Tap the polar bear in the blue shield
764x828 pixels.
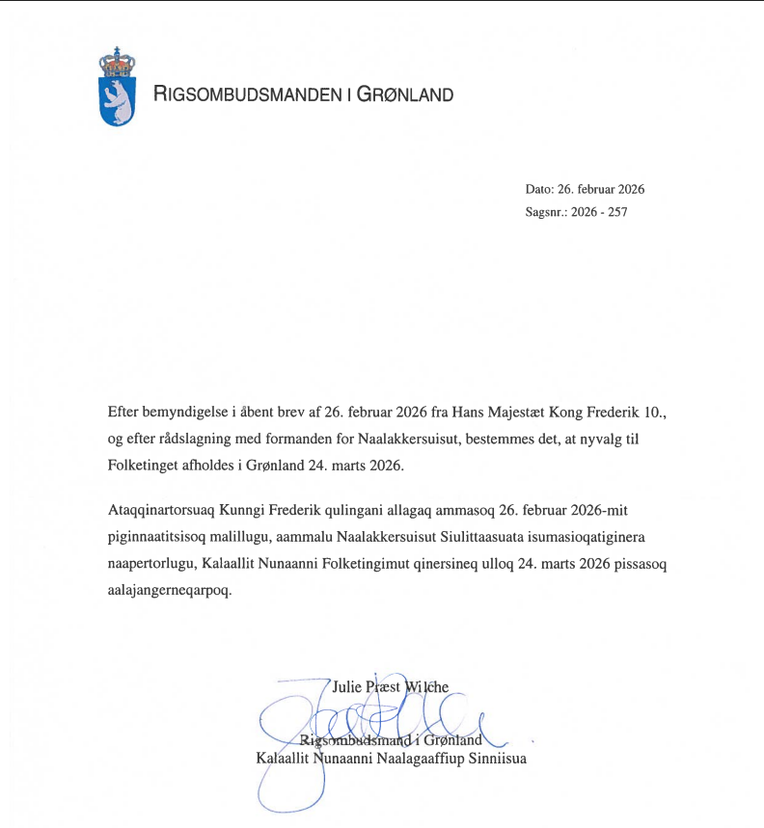pos(118,101)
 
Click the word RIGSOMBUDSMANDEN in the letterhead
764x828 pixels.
pos(247,94)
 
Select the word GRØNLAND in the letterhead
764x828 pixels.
pos(406,94)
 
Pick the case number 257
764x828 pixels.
pos(617,212)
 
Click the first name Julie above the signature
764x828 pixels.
pos(347,688)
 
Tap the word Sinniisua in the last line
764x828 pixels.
pos(496,758)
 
